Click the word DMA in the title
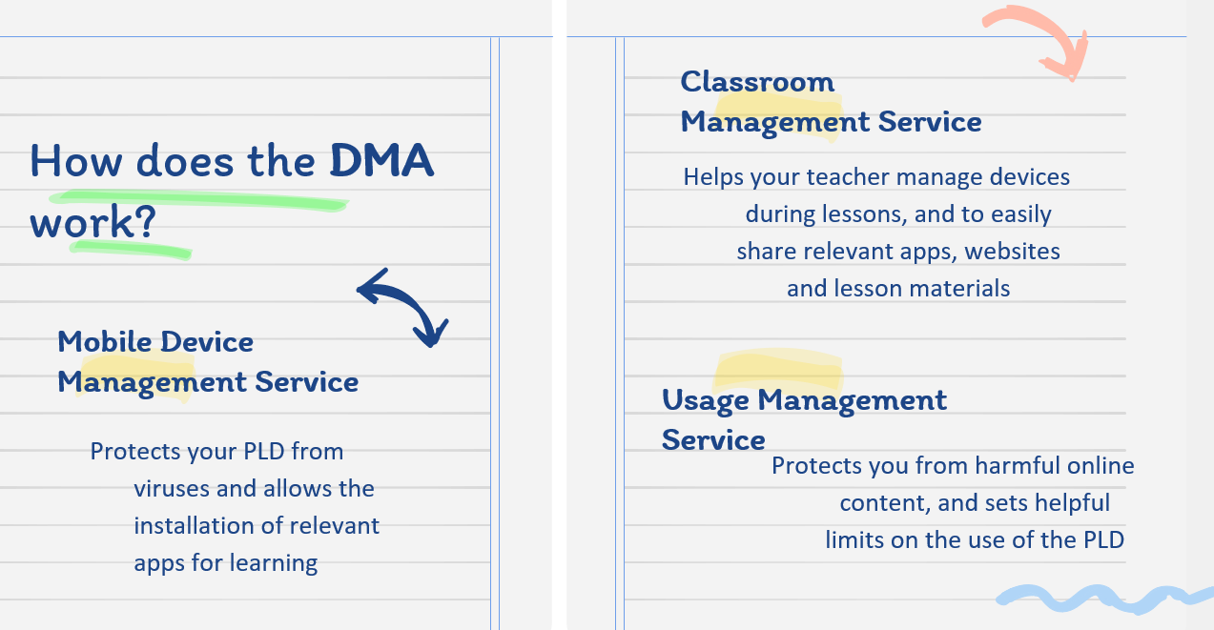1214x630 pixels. (382, 160)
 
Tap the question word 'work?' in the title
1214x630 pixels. (93, 222)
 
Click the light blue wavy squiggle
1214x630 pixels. (1105, 599)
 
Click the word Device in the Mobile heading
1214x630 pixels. (207, 342)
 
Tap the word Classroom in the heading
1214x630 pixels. (757, 82)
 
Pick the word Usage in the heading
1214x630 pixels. (706, 401)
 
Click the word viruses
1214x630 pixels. (172, 489)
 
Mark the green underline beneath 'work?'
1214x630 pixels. (132, 250)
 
